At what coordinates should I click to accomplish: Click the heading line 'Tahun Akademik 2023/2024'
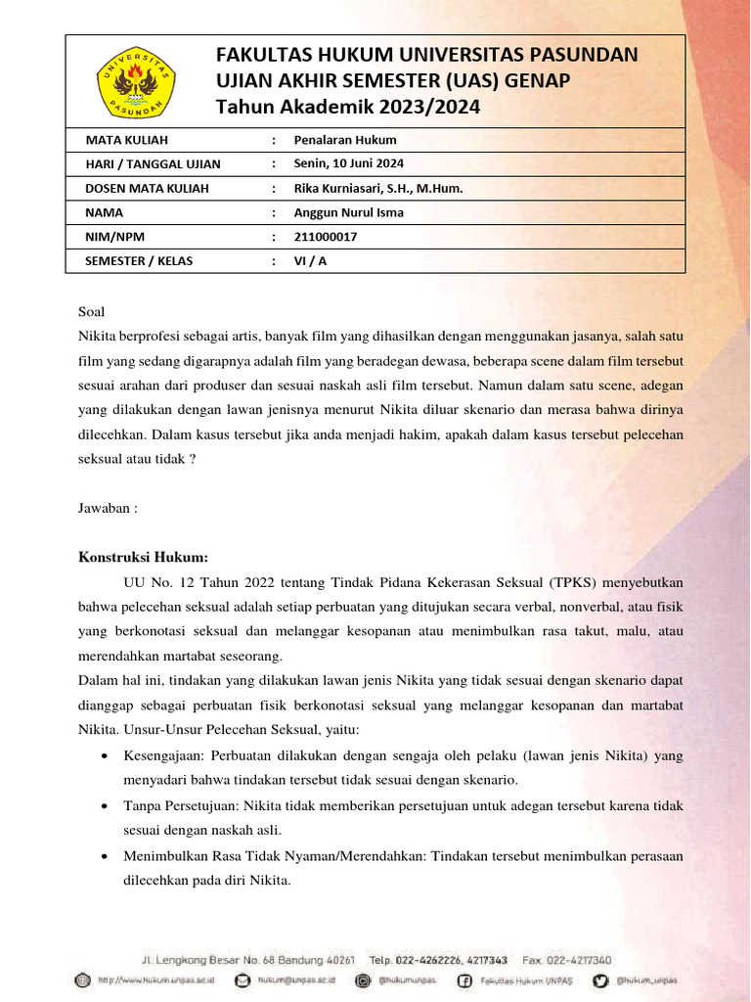[x=348, y=107]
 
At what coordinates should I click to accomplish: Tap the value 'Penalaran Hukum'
[x=345, y=139]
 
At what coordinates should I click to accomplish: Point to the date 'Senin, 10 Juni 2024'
[x=349, y=163]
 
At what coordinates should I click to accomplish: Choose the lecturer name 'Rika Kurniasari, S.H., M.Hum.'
[x=378, y=188]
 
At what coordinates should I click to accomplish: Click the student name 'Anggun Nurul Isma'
[x=349, y=212]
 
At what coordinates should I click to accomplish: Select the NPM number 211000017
[x=326, y=237]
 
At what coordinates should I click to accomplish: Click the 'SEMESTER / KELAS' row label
[x=139, y=261]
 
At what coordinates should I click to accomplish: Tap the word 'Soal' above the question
[x=91, y=312]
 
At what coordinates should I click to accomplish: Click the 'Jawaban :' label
[x=108, y=508]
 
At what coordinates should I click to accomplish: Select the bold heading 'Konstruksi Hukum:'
[x=143, y=558]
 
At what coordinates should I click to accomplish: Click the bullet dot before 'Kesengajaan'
[x=105, y=756]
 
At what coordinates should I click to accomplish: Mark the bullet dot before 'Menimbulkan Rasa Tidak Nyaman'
[x=105, y=855]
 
